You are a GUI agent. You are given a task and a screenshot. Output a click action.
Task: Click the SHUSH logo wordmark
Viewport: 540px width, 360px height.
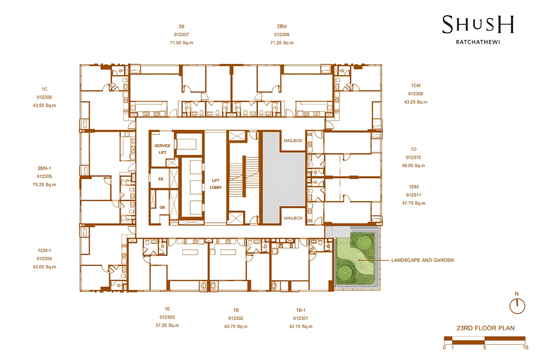coord(478,25)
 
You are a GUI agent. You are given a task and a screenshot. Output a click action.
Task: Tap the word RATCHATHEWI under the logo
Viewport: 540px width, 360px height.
coord(478,42)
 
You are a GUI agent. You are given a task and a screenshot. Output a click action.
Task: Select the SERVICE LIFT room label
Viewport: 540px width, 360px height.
coord(162,149)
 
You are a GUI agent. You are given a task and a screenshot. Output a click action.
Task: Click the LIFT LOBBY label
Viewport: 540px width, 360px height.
coord(216,184)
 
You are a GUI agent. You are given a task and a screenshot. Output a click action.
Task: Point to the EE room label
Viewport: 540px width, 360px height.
coord(161,179)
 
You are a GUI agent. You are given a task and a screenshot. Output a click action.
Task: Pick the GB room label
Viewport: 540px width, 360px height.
coord(162,207)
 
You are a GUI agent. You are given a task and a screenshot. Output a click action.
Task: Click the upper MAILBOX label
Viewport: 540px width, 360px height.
coord(292,140)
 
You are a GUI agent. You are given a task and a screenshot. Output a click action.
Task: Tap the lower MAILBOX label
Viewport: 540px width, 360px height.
coord(293,218)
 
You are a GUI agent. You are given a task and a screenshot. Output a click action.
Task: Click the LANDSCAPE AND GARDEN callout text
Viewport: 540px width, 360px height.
coord(423,260)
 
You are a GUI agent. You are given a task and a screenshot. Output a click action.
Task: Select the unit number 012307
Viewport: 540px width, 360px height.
coord(181,35)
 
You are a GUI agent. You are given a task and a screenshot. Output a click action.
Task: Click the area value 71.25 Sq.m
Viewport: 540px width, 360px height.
coord(282,43)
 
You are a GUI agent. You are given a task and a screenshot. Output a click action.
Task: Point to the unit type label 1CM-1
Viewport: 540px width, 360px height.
coord(45,251)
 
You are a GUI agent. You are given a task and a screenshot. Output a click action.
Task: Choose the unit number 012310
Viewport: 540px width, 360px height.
coord(414,157)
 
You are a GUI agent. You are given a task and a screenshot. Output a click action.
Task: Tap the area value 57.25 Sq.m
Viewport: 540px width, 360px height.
coord(167,325)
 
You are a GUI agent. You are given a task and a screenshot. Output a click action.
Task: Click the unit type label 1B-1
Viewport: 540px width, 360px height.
coord(301,310)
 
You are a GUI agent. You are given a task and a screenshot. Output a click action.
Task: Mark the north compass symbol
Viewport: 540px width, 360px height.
coord(517,306)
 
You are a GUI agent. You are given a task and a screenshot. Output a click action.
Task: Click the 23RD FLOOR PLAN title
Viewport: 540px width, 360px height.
coord(486,328)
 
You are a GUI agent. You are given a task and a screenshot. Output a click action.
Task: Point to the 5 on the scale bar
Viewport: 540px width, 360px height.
coord(485,348)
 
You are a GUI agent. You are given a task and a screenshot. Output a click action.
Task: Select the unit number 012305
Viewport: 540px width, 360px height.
coord(45,176)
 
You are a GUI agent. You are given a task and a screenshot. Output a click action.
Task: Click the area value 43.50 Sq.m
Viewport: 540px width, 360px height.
coord(45,105)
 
